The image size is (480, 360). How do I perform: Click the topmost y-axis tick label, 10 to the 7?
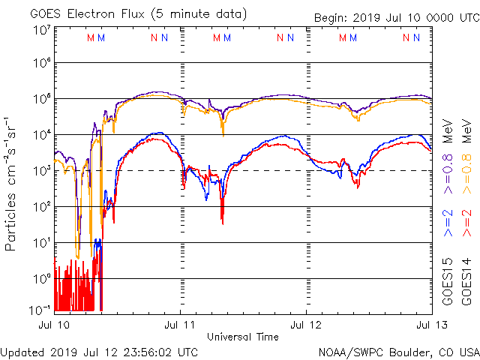click(x=41, y=29)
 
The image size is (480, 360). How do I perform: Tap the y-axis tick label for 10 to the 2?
click(x=41, y=205)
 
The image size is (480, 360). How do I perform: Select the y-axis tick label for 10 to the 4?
click(x=41, y=134)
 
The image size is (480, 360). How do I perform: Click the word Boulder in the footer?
click(x=406, y=352)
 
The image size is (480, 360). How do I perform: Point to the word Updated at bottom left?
click(x=23, y=352)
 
